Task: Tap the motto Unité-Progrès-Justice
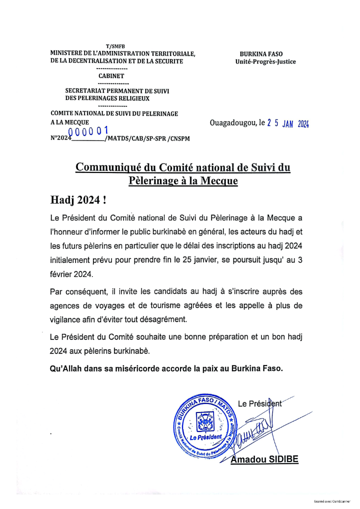tap(265, 61)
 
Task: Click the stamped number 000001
tap(88, 131)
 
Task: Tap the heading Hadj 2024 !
tap(78, 200)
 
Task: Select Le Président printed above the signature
tap(259, 403)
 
